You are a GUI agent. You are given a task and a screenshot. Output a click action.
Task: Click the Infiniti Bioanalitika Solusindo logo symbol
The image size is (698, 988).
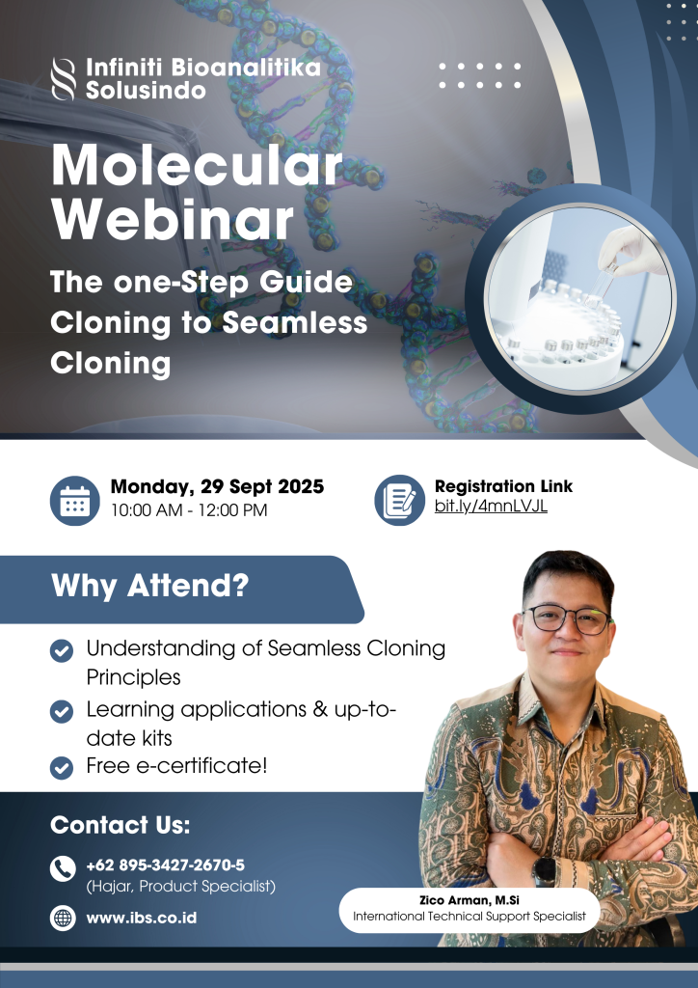[x=63, y=79]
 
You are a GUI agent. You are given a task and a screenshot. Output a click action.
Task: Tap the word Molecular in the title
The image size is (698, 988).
[x=197, y=166]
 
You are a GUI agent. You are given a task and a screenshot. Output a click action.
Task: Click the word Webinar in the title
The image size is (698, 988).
[x=173, y=221]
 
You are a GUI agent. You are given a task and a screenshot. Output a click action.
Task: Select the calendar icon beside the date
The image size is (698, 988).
[x=75, y=501]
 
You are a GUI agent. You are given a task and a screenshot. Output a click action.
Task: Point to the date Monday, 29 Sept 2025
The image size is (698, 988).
[x=217, y=486]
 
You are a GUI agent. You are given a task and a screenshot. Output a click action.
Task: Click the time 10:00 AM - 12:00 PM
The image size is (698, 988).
[x=189, y=510]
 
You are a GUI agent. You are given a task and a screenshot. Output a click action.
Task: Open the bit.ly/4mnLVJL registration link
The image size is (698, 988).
[x=491, y=506]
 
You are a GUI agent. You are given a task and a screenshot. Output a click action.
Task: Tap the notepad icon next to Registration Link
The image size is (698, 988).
[x=400, y=501]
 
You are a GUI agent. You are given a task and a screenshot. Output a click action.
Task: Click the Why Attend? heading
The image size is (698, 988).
[x=149, y=586]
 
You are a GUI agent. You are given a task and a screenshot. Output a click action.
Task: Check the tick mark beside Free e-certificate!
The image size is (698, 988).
[x=62, y=767]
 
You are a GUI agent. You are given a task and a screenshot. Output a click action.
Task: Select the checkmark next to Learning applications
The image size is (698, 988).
[x=62, y=711]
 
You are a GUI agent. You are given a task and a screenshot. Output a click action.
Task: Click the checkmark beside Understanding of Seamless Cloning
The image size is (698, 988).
[x=62, y=650]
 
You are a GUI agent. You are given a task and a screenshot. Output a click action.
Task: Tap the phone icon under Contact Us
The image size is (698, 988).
[x=63, y=869]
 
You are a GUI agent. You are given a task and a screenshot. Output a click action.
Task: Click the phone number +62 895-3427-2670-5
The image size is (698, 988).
[x=166, y=865]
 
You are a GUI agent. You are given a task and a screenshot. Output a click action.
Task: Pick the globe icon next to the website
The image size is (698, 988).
[x=63, y=919]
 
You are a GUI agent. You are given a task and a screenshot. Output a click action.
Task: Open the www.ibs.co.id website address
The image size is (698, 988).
[x=142, y=919]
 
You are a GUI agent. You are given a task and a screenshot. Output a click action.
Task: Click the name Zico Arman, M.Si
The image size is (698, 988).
[x=469, y=900]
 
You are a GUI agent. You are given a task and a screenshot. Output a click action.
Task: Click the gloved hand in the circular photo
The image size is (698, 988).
[x=631, y=250]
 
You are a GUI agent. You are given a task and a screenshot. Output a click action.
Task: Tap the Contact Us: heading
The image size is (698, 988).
[x=121, y=825]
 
